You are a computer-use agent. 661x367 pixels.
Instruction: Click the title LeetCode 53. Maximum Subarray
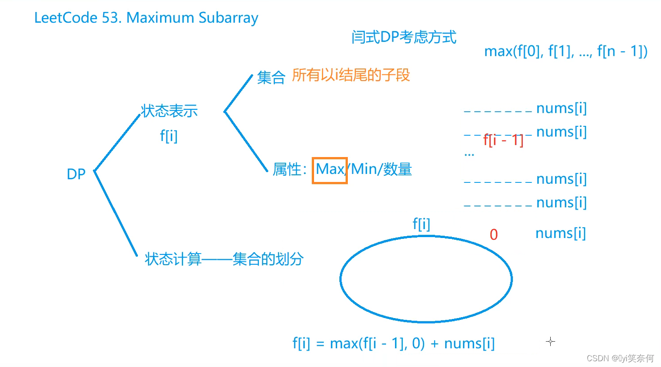(x=146, y=18)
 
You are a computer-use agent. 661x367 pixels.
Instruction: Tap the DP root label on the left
(x=76, y=174)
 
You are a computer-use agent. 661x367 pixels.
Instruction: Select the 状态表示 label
(x=169, y=111)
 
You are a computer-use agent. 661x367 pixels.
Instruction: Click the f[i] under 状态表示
(x=169, y=136)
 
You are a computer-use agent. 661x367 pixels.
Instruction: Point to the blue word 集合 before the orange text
(x=271, y=77)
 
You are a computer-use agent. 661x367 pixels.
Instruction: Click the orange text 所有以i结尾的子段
(x=351, y=75)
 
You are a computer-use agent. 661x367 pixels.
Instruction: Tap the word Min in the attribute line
(x=364, y=169)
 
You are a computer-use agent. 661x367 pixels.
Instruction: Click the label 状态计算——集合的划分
(x=224, y=259)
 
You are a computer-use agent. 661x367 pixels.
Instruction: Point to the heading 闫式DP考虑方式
(x=403, y=37)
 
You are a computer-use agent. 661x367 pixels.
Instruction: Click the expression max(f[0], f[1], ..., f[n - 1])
(x=565, y=51)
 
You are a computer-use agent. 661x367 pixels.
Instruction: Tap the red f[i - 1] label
(x=503, y=140)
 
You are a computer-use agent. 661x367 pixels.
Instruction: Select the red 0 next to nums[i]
(x=493, y=234)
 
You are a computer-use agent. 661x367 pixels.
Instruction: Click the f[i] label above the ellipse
(x=421, y=223)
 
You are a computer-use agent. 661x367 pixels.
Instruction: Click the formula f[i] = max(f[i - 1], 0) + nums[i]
(x=393, y=343)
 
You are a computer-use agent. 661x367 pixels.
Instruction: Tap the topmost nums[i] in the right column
(x=561, y=108)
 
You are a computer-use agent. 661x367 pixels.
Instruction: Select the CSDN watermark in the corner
(x=620, y=358)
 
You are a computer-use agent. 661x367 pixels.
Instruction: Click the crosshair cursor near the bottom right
(x=550, y=342)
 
